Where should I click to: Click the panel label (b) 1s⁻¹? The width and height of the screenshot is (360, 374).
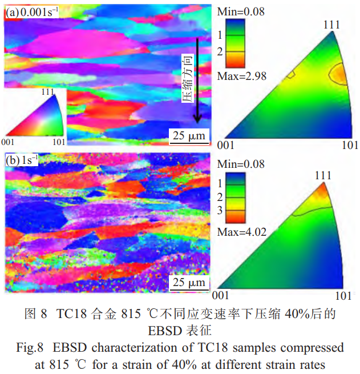click(x=22, y=160)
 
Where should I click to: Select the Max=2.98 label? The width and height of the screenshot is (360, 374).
click(x=242, y=75)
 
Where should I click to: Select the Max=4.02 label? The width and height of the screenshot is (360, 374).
click(x=242, y=232)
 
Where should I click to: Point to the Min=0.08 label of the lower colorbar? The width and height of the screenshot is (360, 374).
click(x=242, y=164)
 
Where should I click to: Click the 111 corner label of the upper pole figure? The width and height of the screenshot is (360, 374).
click(x=330, y=25)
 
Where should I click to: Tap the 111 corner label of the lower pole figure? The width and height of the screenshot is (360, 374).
click(x=323, y=175)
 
